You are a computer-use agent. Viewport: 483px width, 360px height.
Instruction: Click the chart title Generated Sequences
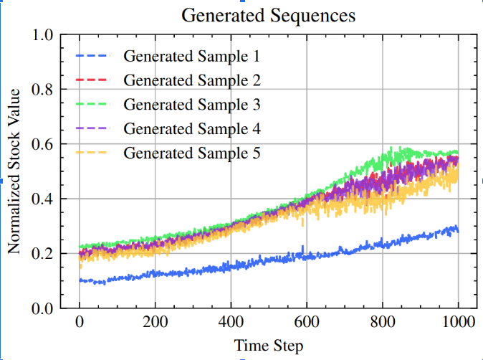click(x=268, y=14)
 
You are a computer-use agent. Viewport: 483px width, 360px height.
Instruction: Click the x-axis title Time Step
click(x=269, y=345)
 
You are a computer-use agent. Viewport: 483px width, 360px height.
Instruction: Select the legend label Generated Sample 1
click(x=191, y=56)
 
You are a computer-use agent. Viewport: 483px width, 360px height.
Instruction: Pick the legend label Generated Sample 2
click(x=191, y=80)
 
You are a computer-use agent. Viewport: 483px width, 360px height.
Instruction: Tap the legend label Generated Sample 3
click(x=191, y=105)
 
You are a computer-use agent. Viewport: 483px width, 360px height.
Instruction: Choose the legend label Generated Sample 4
click(x=191, y=129)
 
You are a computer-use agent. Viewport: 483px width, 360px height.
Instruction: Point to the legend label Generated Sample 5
click(x=191, y=153)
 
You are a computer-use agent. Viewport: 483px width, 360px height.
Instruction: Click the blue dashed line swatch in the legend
click(x=92, y=56)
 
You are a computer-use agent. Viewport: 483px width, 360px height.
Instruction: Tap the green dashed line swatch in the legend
click(x=92, y=105)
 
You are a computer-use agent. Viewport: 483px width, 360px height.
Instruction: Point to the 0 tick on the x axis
click(x=80, y=321)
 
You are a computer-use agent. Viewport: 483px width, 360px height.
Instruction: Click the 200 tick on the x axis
click(x=155, y=321)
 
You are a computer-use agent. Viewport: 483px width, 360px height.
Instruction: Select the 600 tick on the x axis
click(x=306, y=321)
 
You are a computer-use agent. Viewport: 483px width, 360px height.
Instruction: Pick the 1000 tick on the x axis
click(x=457, y=321)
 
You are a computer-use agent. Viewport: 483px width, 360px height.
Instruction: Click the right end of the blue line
click(x=458, y=230)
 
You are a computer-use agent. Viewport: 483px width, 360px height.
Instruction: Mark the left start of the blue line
click(x=80, y=280)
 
